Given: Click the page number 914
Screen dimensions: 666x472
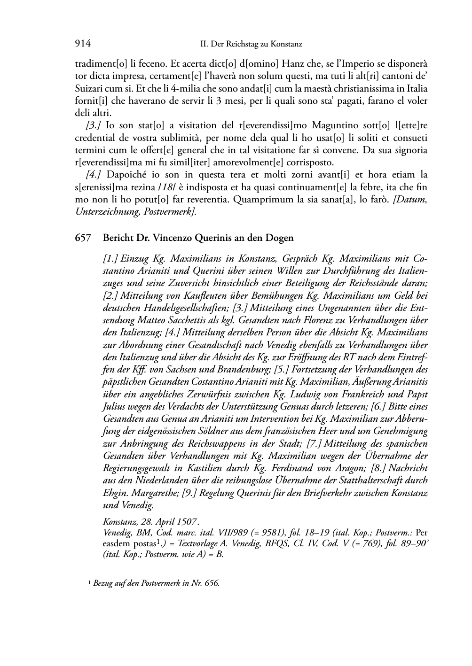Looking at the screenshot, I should click(x=82, y=44).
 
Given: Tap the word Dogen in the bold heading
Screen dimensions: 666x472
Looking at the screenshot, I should click(x=281, y=238).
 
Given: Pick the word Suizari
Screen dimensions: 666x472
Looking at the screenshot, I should click(x=89, y=88).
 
